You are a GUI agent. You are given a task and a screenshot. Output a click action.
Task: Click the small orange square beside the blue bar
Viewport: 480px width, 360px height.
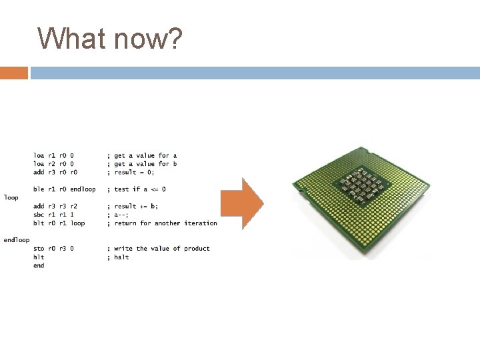click(14, 73)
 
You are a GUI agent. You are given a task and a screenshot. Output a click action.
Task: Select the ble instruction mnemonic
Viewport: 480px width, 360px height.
click(39, 189)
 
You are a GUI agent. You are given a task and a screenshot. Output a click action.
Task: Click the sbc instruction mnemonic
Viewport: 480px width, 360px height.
click(39, 215)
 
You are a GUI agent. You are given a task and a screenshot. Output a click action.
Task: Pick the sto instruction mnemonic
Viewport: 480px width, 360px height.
click(39, 249)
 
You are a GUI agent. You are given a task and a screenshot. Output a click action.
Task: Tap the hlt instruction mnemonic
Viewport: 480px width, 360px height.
click(39, 257)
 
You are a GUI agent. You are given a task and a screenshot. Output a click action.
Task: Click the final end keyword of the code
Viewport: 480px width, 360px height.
click(39, 265)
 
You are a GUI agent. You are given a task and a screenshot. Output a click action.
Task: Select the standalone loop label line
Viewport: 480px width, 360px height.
click(11, 198)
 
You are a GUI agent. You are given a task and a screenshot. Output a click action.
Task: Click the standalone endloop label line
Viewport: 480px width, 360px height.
click(17, 240)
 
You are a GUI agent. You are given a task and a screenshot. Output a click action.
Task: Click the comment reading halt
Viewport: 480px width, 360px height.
click(119, 257)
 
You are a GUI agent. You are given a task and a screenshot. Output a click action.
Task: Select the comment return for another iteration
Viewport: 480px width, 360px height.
click(163, 223)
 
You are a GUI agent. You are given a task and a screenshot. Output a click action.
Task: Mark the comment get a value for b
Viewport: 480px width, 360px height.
click(143, 164)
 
